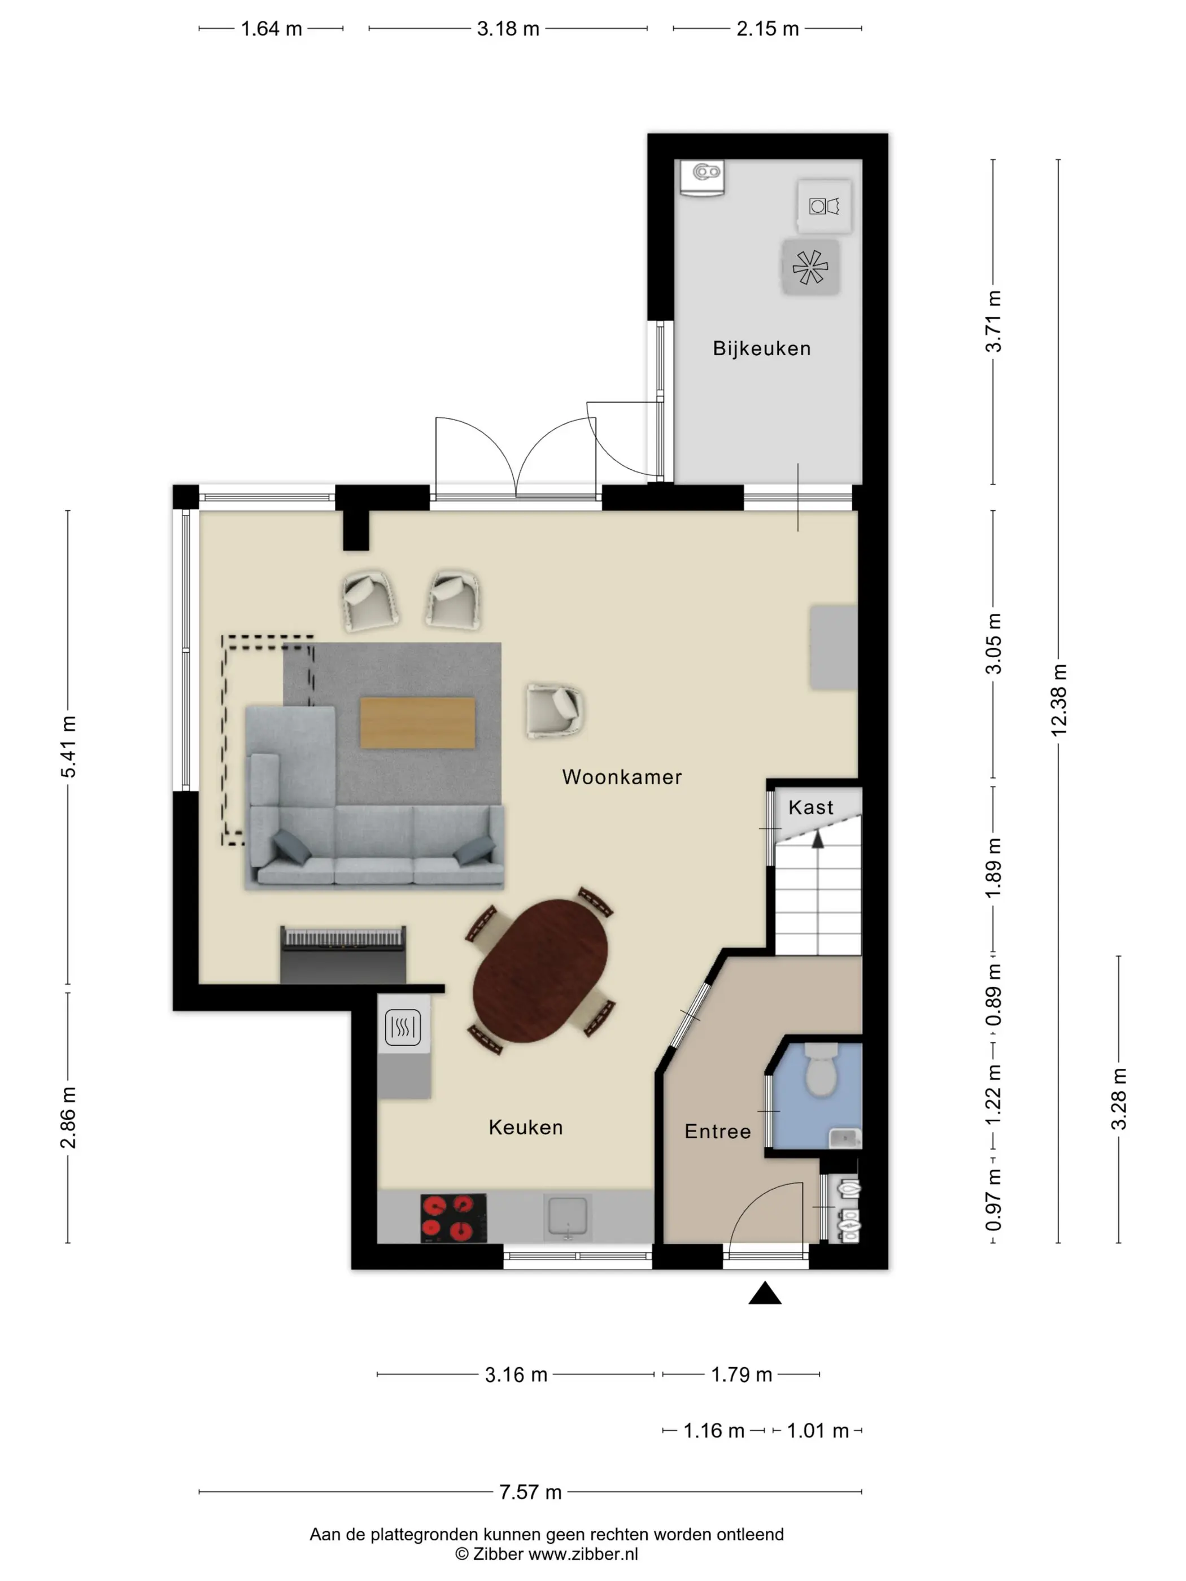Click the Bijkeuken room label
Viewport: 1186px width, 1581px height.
[x=761, y=349]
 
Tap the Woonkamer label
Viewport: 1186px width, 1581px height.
[x=621, y=777]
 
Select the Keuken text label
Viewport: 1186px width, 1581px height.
[x=525, y=1127]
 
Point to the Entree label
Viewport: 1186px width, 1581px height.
[x=718, y=1132]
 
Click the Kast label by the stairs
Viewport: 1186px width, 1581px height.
[x=810, y=807]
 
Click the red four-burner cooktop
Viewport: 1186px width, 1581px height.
[x=452, y=1217]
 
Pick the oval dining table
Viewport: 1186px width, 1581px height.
[x=540, y=971]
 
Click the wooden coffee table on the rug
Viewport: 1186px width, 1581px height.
[x=417, y=723]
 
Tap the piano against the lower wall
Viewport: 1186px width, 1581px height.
[x=343, y=954]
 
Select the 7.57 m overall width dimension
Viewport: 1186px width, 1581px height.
[x=530, y=1492]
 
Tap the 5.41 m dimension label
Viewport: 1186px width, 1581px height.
[x=68, y=746]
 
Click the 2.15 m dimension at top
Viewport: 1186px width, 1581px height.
[x=767, y=29]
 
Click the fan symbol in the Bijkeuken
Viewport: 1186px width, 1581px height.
[x=810, y=267]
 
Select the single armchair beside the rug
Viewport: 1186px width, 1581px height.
[x=554, y=710]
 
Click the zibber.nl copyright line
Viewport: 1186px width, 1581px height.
[x=546, y=1554]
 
